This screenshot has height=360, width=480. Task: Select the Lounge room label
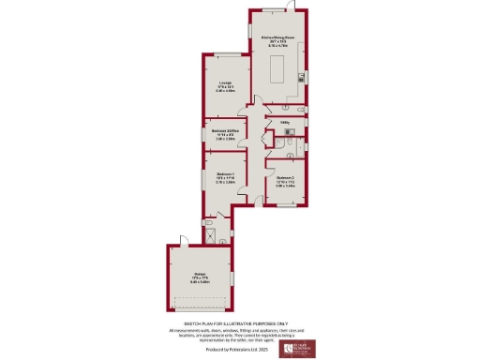point(226,88)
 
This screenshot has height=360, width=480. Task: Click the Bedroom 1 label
point(226,177)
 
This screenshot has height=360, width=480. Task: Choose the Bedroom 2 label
point(285,182)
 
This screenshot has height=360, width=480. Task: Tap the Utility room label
point(283,122)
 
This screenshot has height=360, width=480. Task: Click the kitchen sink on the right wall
point(302,78)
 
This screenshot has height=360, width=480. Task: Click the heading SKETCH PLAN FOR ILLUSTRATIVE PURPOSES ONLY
point(240,322)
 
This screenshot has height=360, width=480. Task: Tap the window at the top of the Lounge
point(225,54)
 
